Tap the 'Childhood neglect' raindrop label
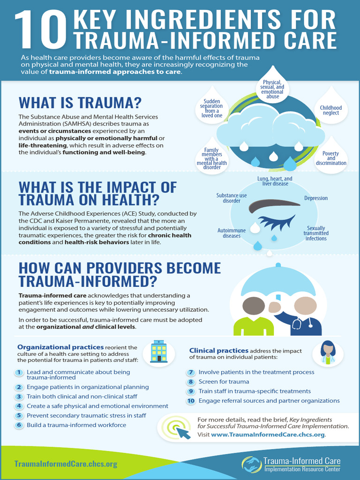pos(331,110)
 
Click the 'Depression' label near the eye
pos(316,198)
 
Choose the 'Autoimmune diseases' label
pos(232,233)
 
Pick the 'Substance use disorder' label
pos(232,198)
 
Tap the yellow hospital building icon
pos(159,352)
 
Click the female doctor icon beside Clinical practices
pos(328,352)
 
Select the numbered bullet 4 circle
pos(19,406)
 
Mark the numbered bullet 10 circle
pos(191,401)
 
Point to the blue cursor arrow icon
pos(183,432)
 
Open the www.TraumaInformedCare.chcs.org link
pos(268,435)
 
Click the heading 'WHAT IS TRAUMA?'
pos(80,103)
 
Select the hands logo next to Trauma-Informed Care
pos(252,465)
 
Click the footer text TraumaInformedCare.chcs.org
pos(66,464)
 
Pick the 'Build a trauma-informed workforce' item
pos(76,425)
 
